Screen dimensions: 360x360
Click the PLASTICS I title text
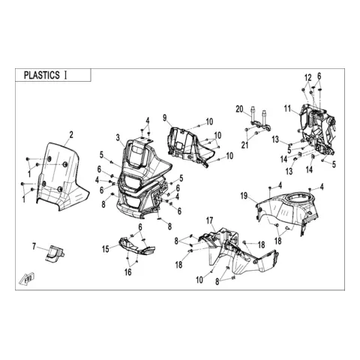[45, 75]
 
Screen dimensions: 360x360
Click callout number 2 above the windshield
[71, 135]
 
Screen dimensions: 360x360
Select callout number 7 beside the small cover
[34, 247]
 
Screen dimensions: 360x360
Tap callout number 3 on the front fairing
[118, 137]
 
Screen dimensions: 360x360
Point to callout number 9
[164, 118]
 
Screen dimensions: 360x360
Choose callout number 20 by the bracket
[239, 109]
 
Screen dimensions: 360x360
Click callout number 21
[245, 145]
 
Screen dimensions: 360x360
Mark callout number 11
[287, 109]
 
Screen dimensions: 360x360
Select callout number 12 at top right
[308, 78]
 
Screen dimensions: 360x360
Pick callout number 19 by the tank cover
[244, 196]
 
